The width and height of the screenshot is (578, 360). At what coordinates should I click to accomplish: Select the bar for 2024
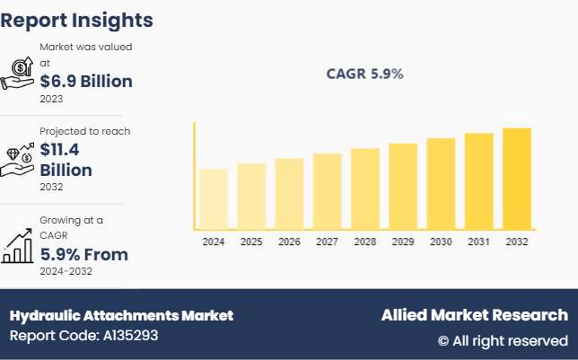214,198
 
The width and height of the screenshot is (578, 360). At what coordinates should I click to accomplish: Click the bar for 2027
327,191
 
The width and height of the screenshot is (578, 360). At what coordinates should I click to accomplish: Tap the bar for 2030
441,183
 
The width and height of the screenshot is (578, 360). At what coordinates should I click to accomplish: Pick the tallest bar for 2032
516,179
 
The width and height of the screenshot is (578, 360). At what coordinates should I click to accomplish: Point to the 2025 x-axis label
251,242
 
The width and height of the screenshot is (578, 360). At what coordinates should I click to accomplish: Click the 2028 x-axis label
364,242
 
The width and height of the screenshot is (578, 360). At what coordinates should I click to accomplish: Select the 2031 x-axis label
478,242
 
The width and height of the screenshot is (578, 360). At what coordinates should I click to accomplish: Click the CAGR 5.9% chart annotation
364,75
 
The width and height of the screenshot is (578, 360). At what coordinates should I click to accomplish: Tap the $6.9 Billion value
86,82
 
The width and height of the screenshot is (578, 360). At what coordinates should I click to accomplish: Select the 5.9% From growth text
83,255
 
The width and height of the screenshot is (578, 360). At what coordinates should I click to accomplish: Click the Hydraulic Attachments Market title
121,315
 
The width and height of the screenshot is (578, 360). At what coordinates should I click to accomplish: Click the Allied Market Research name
474,315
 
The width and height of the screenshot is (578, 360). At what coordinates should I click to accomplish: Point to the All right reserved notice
503,341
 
